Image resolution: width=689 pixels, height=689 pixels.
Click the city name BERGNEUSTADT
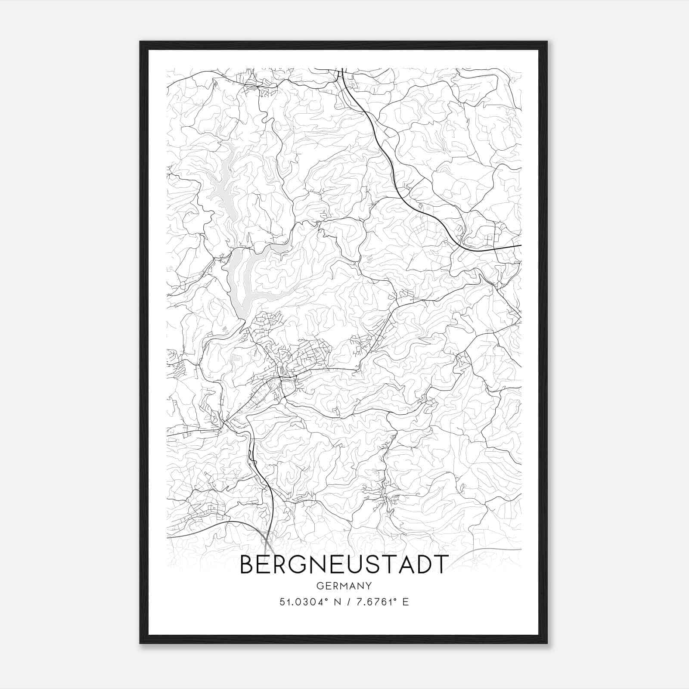pyautogui.click(x=344, y=564)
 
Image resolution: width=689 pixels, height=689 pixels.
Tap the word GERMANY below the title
pyautogui.click(x=344, y=586)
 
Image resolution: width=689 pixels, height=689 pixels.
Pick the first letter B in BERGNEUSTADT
pyautogui.click(x=247, y=564)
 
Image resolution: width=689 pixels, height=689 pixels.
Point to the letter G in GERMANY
pyautogui.click(x=320, y=586)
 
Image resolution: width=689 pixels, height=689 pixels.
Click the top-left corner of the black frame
pyautogui.click(x=140, y=42)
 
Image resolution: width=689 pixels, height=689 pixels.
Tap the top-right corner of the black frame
pyautogui.click(x=547, y=42)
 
